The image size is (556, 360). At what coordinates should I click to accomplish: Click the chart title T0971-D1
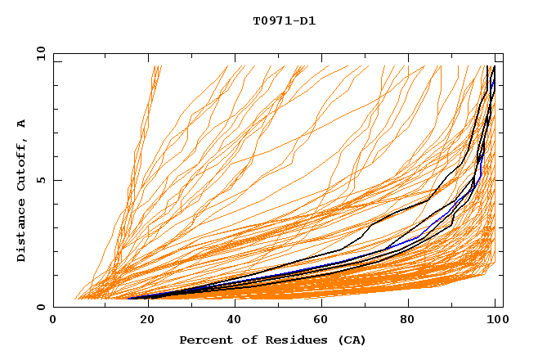click(x=284, y=21)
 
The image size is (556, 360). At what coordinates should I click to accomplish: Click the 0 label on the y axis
click(x=42, y=308)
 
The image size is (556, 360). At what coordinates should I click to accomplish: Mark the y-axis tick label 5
click(x=42, y=181)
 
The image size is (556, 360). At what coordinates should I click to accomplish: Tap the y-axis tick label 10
click(x=38, y=54)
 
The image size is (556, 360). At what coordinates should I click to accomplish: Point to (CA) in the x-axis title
click(x=350, y=340)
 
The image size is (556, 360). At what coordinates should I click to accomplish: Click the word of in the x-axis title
click(x=240, y=340)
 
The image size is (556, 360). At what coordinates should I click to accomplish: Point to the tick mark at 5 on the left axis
click(x=56, y=181)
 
